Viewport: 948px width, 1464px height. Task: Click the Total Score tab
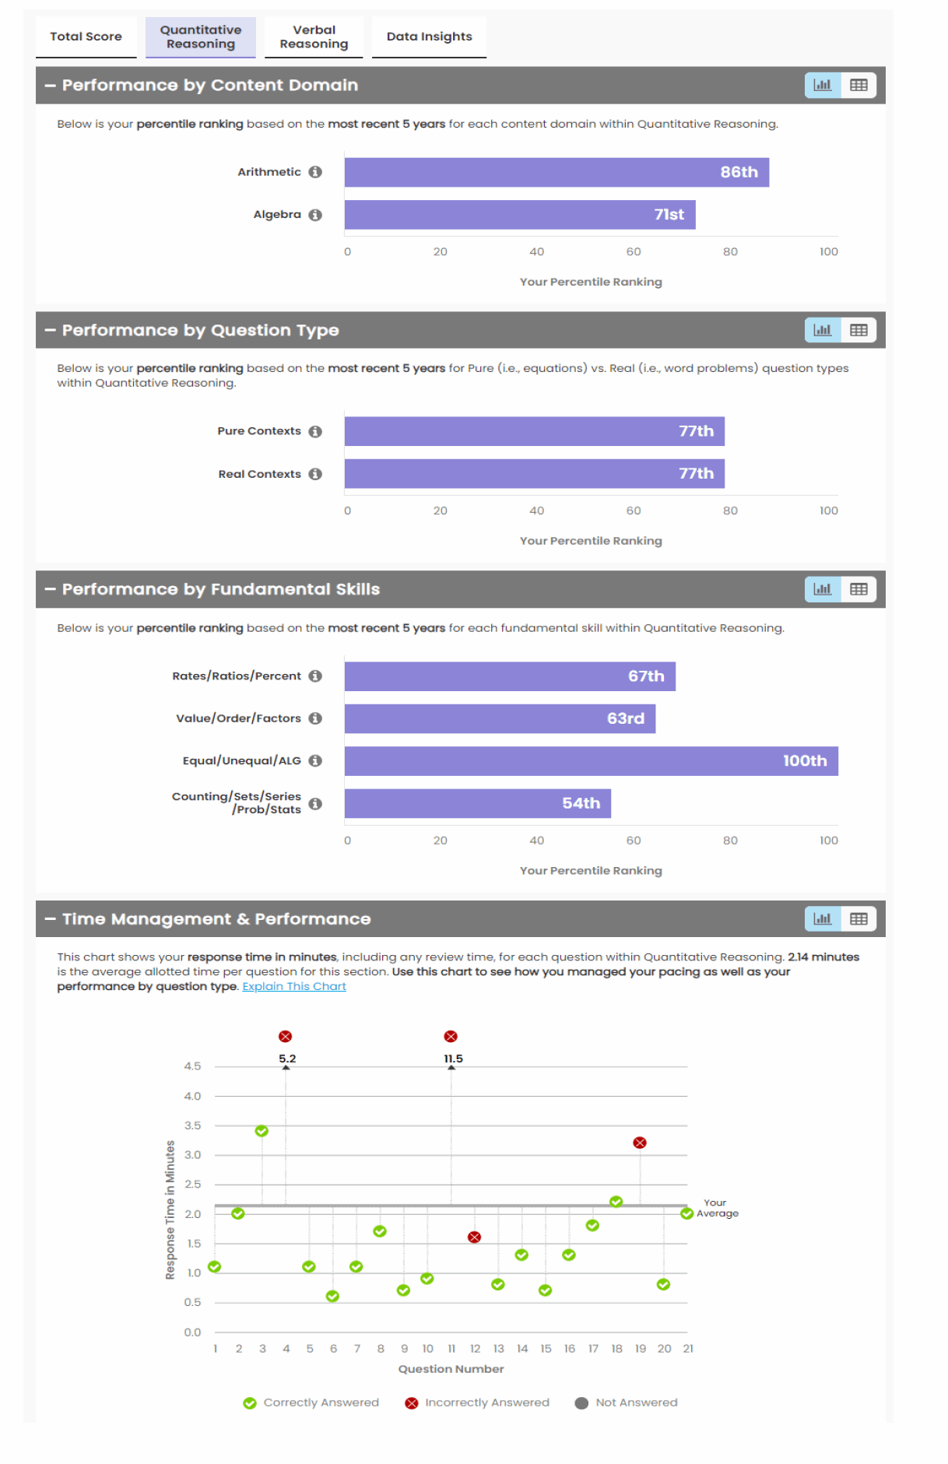86,37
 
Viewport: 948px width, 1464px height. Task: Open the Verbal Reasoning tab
314,37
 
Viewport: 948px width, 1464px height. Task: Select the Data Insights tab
429,37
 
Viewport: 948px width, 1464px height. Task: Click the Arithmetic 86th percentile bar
557,172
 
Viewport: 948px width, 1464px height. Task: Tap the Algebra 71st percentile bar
520,215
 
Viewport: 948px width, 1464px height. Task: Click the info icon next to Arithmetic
315,172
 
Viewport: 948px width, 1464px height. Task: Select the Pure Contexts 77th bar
534,431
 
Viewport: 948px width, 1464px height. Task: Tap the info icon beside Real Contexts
315,474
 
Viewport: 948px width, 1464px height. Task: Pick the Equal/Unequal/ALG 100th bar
591,761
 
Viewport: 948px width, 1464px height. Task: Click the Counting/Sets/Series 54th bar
477,803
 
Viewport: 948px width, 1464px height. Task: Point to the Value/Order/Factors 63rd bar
500,718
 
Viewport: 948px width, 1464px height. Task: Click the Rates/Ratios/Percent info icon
315,676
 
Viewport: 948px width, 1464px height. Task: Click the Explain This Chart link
294,986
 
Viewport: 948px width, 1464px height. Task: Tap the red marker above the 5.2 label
286,1037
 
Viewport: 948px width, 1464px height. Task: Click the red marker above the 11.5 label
451,1037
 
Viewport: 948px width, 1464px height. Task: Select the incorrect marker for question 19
640,1143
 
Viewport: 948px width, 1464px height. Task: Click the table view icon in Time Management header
858,919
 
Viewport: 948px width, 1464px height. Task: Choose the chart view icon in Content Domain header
823,86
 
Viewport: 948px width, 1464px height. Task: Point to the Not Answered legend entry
627,1403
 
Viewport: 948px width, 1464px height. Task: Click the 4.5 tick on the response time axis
192,1066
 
